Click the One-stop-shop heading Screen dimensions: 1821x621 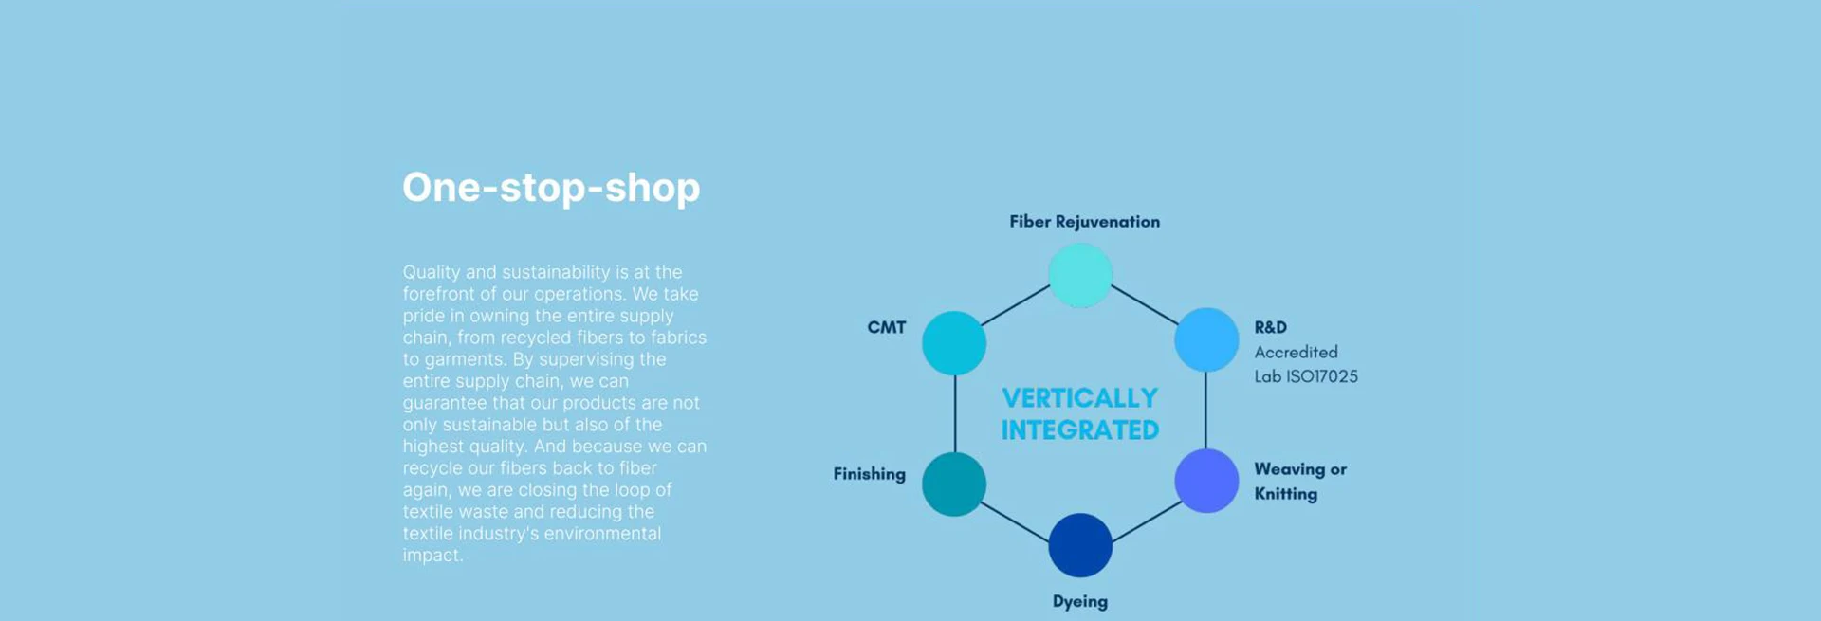(551, 187)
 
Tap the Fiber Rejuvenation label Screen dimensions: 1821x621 (1084, 222)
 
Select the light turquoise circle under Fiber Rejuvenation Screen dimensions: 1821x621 (1080, 275)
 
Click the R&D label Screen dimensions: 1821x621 (1270, 327)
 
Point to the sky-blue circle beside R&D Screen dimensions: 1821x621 (1206, 339)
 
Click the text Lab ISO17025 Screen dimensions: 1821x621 (1306, 376)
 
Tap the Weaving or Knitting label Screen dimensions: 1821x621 (1299, 481)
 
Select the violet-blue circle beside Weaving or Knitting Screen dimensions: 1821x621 (1206, 481)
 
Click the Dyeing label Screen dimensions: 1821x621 (1080, 601)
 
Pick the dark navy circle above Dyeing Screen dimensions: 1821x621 (1080, 545)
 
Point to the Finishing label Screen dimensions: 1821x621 (869, 474)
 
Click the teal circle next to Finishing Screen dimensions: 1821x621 (954, 484)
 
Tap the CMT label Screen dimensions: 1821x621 (887, 327)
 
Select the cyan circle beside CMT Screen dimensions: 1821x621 (954, 342)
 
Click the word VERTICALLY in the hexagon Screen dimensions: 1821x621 (1079, 398)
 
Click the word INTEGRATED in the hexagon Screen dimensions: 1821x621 (1079, 430)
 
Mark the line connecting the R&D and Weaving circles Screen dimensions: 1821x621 (1205, 410)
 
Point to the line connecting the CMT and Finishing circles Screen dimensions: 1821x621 (955, 413)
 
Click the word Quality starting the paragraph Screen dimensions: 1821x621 (431, 272)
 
